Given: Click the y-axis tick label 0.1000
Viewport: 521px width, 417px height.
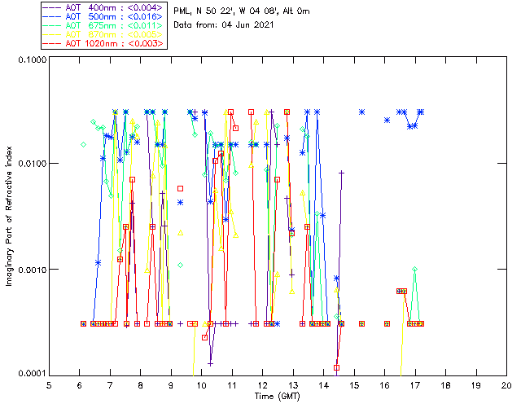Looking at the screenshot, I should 30,60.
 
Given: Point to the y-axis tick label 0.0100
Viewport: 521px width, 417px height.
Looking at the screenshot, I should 30,165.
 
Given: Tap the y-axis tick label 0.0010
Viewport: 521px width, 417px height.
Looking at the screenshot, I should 30,270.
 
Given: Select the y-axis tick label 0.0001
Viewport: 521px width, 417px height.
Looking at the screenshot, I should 30,374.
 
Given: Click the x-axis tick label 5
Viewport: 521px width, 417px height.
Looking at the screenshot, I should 49,386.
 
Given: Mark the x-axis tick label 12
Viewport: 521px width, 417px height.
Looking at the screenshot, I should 262,386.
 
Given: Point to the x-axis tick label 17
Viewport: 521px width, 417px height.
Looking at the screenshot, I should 415,386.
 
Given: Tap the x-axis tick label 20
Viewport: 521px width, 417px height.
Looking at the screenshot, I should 506,386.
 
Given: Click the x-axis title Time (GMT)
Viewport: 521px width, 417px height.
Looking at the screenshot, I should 278,397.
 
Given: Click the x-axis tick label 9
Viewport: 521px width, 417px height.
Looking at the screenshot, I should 171,386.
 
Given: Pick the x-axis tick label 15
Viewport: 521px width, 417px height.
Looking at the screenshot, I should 354,386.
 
